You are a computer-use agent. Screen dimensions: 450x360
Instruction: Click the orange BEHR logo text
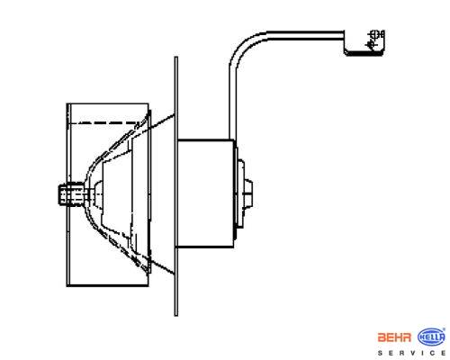point(394,337)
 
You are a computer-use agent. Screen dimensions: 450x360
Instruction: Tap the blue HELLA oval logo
point(431,337)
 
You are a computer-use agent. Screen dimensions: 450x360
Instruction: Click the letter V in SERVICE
point(413,353)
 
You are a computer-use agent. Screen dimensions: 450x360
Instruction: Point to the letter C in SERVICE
point(433,353)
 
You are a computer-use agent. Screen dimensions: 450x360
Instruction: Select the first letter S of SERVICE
point(381,353)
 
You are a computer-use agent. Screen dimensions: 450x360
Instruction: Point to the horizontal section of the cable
point(305,35)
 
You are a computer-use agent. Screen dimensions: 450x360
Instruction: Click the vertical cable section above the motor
point(233,103)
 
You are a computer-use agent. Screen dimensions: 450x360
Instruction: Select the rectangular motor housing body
point(205,193)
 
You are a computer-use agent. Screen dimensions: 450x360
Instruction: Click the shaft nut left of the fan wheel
point(70,194)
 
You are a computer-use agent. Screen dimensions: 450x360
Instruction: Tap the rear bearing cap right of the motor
point(244,193)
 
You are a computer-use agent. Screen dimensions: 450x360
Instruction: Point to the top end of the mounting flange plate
point(176,57)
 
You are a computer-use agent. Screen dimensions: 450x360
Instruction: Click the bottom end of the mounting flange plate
point(176,315)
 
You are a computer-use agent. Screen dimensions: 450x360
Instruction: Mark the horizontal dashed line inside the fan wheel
point(103,122)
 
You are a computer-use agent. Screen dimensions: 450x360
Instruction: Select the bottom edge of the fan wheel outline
point(107,285)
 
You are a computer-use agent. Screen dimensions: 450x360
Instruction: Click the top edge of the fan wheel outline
point(107,103)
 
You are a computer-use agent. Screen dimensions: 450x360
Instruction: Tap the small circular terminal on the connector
point(374,34)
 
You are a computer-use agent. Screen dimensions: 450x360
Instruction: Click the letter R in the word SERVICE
point(402,353)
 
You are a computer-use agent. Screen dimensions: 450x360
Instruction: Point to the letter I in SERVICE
point(423,353)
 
